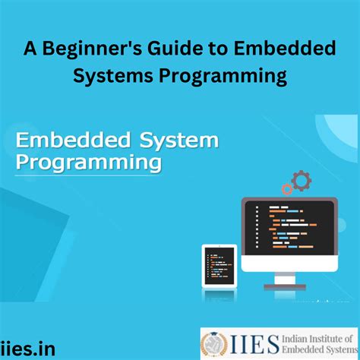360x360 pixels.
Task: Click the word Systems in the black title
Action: point(113,76)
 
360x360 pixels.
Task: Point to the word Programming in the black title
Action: point(223,77)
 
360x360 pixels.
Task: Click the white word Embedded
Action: point(73,140)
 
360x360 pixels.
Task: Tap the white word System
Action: point(179,141)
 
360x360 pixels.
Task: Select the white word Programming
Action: point(89,163)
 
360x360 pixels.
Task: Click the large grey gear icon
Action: point(302,181)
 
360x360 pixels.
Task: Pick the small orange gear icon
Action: point(287,189)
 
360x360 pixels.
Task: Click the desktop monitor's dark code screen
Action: point(289,228)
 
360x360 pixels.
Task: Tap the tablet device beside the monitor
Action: point(219,266)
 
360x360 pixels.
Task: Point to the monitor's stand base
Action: point(285,286)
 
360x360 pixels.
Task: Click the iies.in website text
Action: point(27,349)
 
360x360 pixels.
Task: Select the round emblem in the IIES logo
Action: point(214,344)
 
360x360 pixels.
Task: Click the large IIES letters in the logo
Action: point(254,344)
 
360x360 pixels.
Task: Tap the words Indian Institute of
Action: point(317,339)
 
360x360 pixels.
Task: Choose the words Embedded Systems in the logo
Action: point(320,349)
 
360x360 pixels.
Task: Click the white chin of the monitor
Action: point(289,264)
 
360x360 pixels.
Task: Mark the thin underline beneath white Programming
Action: point(88,175)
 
